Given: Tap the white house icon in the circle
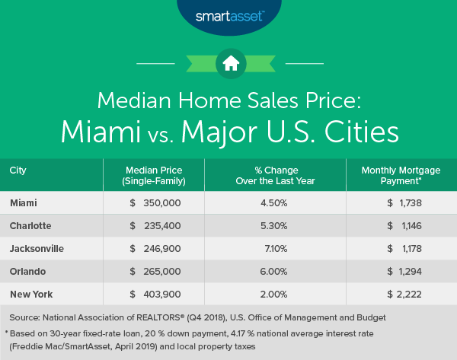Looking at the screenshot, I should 228,63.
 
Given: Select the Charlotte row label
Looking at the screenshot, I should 33,226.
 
